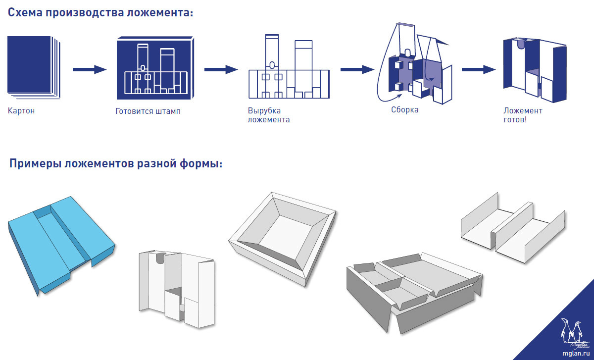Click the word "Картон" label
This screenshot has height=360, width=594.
21,110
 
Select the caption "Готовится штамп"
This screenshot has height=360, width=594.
148,111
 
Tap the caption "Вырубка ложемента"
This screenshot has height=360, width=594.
268,115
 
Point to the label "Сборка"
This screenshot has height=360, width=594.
404,109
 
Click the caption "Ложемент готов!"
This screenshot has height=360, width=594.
522,115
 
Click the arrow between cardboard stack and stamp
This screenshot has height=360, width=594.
90,69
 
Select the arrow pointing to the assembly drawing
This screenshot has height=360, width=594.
356,69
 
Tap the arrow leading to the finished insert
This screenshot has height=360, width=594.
478,69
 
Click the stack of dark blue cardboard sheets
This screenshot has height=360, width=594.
33,65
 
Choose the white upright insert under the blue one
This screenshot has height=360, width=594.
177,288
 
